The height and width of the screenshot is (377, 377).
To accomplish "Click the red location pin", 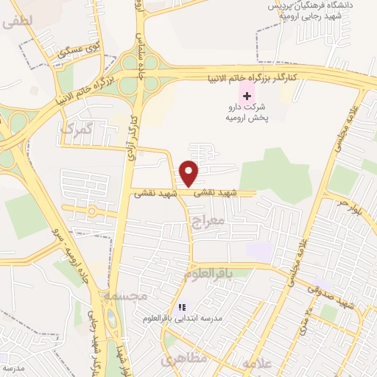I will pyautogui.click(x=189, y=173).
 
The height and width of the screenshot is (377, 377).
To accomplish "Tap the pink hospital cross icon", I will pyautogui.click(x=247, y=96).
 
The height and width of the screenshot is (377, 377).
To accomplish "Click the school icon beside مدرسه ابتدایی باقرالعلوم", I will pyautogui.click(x=181, y=308).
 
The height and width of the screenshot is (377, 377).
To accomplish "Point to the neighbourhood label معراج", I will pyautogui.click(x=205, y=220).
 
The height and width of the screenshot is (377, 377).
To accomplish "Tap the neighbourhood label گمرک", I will pyautogui.click(x=75, y=129).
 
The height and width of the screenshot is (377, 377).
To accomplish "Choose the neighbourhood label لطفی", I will pyautogui.click(x=18, y=23).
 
